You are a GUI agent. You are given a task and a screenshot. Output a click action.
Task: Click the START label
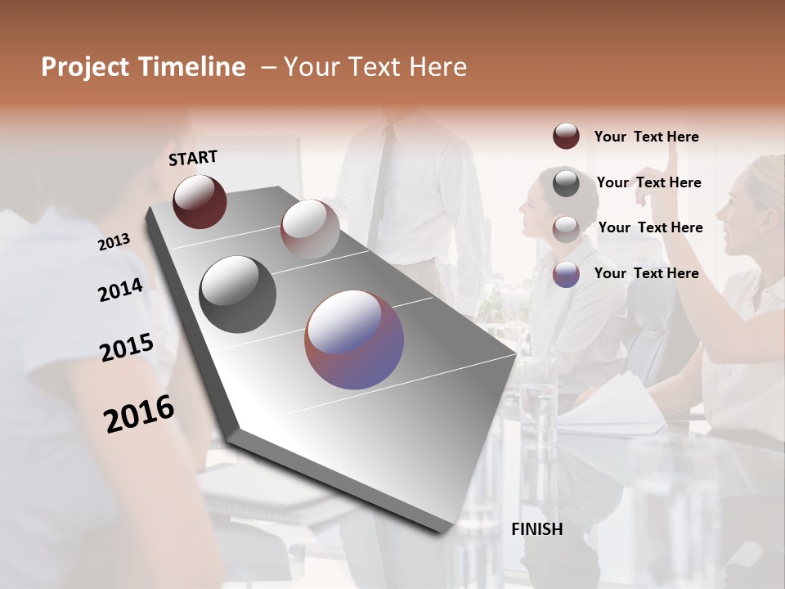193,158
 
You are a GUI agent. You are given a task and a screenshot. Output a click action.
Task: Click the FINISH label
537,529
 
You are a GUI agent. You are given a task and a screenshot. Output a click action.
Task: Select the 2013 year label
114,241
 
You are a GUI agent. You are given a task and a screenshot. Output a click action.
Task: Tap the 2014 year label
120,290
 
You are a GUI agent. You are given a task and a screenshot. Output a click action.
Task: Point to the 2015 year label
126,348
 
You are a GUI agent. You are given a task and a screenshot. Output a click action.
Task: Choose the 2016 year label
139,414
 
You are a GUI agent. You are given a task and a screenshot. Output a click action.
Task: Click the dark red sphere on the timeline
200,201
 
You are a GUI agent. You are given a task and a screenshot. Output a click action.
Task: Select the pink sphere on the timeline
310,229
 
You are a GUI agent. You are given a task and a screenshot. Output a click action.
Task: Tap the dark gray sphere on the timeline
238,294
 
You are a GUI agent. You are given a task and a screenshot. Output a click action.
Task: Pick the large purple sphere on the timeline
354,339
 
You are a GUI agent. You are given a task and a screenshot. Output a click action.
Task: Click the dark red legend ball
566,136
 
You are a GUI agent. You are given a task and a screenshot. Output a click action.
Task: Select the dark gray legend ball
566,182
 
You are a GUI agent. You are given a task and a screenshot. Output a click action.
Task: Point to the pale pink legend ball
566,228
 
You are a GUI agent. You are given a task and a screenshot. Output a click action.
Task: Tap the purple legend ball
566,274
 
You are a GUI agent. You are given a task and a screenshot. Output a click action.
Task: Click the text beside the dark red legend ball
646,137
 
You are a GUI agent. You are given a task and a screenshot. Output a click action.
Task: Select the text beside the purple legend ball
646,273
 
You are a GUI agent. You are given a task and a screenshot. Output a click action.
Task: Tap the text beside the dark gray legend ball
648,182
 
